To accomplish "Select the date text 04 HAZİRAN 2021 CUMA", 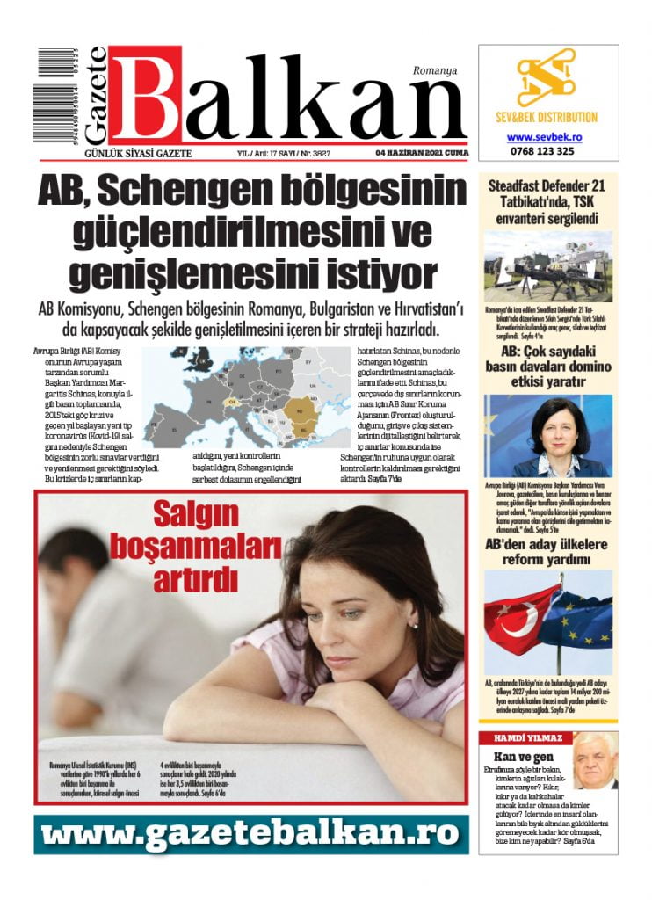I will point(422,152).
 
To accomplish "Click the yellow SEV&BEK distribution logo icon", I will point(546,78).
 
